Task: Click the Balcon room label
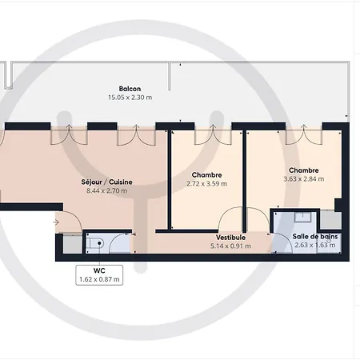pos(130,88)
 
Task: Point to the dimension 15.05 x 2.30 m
pos(130,97)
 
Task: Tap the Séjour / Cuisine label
pos(106,182)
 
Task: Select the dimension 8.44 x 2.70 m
pos(106,190)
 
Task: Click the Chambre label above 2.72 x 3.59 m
pos(206,174)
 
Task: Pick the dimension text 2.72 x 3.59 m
pos(206,183)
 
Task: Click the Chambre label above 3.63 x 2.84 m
pos(304,170)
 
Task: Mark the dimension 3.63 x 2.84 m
pos(304,179)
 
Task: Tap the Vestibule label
pos(230,237)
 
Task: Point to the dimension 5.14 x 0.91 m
pos(230,246)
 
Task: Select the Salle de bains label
pos(314,237)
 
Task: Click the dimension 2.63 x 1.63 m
pos(314,246)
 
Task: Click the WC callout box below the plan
pos(99,274)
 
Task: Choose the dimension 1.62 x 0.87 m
pos(99,279)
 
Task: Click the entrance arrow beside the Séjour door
pos(57,222)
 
